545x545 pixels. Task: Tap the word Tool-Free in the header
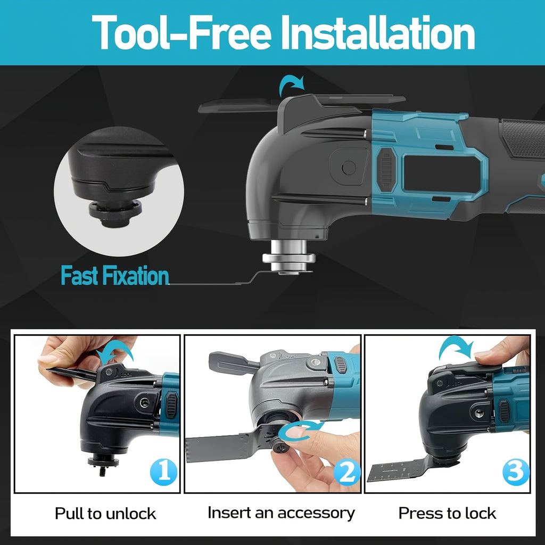[181, 33]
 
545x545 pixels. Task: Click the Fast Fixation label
[115, 276]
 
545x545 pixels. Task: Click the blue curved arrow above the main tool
[291, 85]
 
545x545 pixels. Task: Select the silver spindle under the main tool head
[288, 257]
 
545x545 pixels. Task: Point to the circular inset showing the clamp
[119, 191]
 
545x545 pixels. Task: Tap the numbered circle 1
[164, 472]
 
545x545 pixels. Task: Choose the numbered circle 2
[347, 472]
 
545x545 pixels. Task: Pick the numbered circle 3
[516, 472]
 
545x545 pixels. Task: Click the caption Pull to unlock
[105, 514]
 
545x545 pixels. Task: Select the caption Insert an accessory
[281, 513]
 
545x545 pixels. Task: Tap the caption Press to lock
[447, 513]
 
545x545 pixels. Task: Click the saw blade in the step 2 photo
[229, 445]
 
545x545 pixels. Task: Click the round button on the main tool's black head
[349, 168]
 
